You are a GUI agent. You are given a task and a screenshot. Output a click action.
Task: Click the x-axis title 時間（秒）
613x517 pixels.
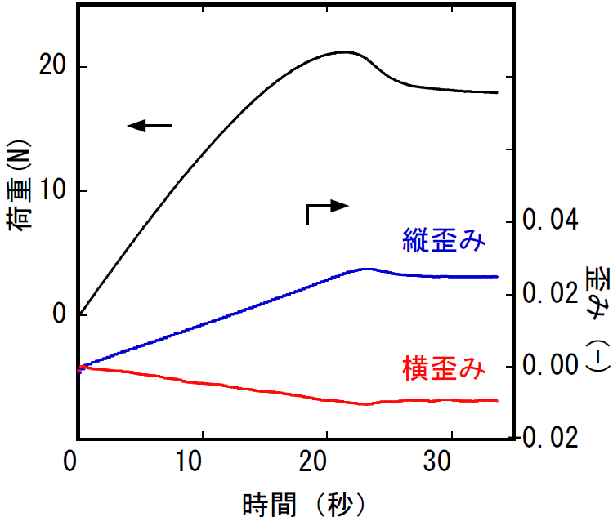303,500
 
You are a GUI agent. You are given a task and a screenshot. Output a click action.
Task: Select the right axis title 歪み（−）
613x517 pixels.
594,319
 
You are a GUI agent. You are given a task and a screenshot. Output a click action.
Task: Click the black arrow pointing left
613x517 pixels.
150,126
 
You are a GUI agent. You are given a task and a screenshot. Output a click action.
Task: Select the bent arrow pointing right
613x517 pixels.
325,210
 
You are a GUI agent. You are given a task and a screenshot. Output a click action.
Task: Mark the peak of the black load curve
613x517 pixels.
344,52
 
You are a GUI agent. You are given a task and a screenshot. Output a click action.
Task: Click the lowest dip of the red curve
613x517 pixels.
365,404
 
